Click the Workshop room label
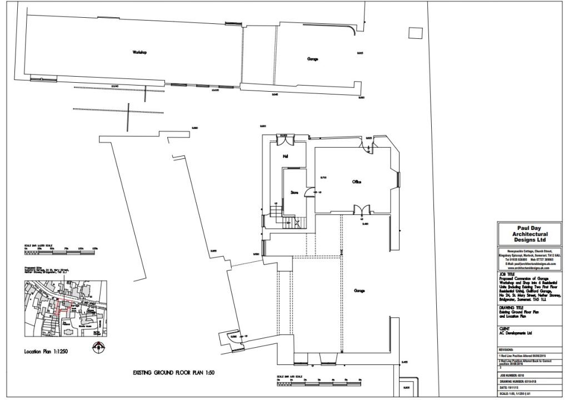click(x=139, y=52)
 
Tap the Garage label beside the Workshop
click(x=312, y=58)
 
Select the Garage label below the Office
click(x=359, y=290)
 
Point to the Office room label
click(x=357, y=182)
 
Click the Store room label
click(x=295, y=193)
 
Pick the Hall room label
click(x=285, y=156)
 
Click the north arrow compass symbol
click(x=98, y=347)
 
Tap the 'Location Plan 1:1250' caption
click(x=46, y=352)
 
